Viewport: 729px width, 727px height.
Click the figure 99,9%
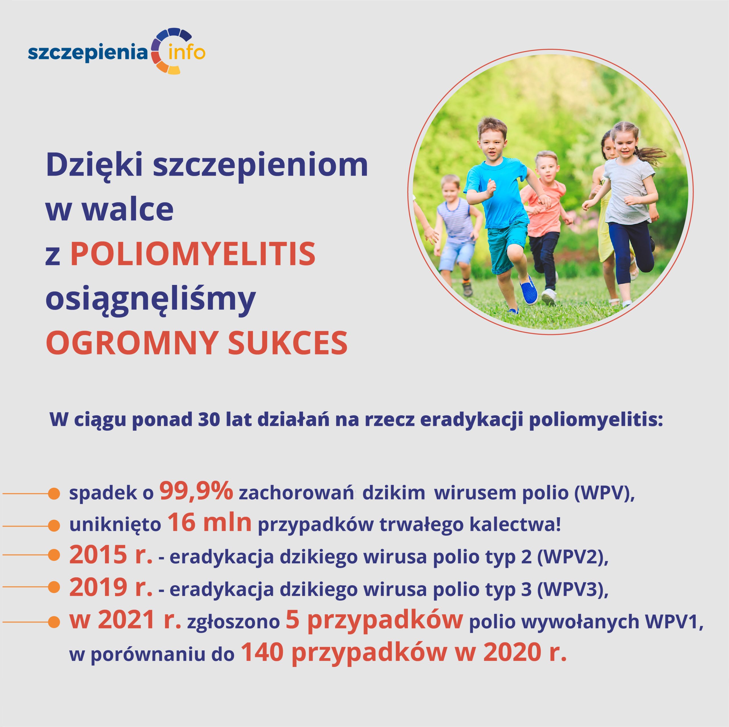[x=196, y=491]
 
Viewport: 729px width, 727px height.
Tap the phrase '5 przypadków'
[x=374, y=621]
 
